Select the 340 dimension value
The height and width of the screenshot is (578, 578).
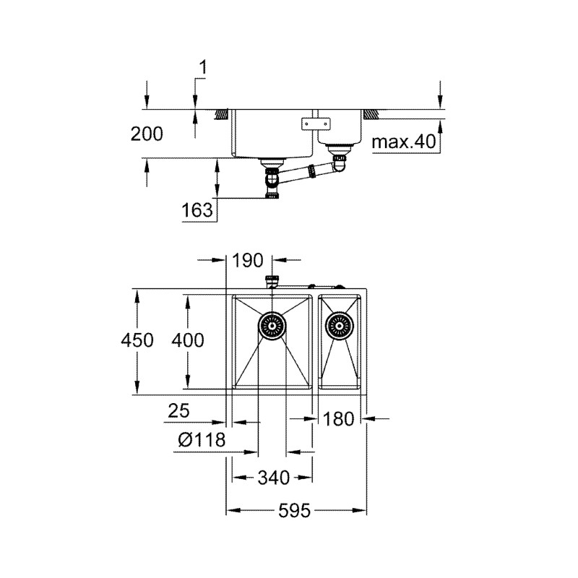[x=273, y=478]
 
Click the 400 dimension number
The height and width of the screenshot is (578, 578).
[x=189, y=340]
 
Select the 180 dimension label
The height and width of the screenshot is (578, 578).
[x=339, y=418]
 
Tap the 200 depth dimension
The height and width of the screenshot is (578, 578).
[x=147, y=134]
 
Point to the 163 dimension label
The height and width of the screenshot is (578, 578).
[x=198, y=210]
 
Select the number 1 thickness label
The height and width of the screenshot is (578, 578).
[x=203, y=67]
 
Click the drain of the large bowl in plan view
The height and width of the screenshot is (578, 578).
[x=272, y=326]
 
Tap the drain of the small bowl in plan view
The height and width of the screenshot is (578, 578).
[x=339, y=326]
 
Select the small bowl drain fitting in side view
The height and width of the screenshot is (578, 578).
[x=338, y=152]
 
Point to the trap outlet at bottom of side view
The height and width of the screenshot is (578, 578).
[x=272, y=194]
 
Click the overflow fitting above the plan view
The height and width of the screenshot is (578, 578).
[x=272, y=282]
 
